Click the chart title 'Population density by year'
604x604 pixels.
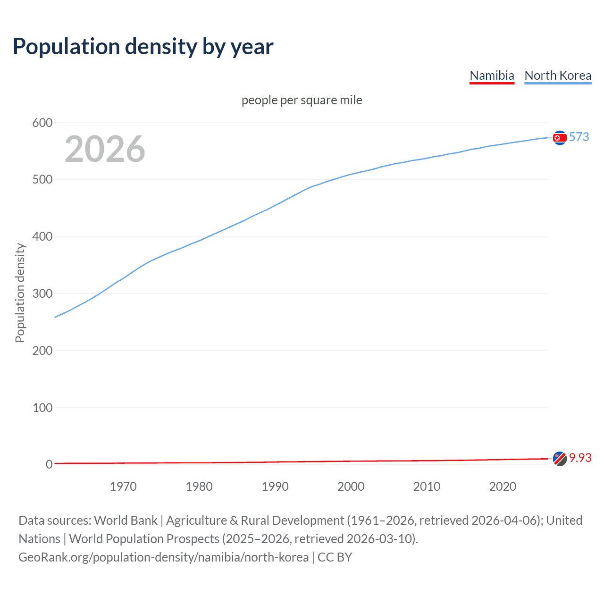[143, 47]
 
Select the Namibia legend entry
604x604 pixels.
[492, 75]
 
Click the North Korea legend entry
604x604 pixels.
[558, 75]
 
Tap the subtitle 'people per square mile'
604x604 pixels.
[302, 100]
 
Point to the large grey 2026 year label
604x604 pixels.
[105, 149]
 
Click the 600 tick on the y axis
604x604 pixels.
[42, 123]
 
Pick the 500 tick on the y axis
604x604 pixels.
[42, 180]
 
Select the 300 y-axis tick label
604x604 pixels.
[42, 294]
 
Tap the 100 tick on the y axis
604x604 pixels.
[42, 408]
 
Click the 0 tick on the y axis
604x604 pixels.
[49, 464]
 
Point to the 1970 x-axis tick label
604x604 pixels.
[123, 487]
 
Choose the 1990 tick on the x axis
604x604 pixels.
[275, 487]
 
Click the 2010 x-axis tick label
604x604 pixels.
[427, 487]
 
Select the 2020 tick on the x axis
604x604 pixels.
[503, 487]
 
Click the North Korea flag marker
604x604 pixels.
[560, 137]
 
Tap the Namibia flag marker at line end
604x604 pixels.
[560, 458]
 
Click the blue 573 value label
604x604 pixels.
[579, 137]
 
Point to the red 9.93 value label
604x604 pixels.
[580, 458]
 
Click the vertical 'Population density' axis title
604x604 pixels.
[20, 293]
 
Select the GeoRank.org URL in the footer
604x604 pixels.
[163, 557]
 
